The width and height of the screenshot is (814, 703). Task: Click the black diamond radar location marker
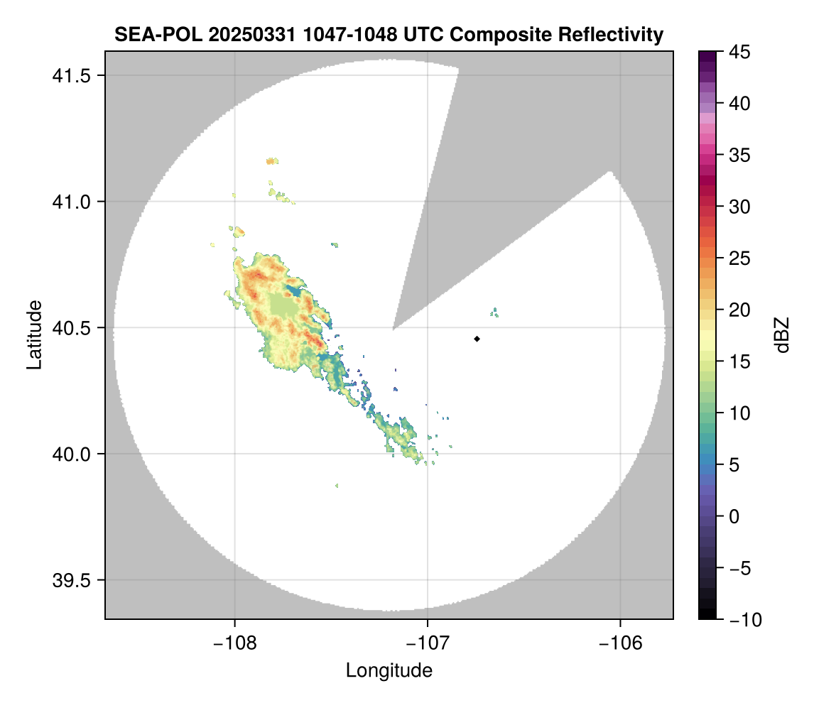[477, 339]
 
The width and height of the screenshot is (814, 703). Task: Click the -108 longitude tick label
[234, 643]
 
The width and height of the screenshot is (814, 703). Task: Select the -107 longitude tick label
[428, 643]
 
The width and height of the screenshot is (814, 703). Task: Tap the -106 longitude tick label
[621, 643]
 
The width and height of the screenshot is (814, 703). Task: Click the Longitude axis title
[389, 670]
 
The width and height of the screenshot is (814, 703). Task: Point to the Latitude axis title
[34, 334]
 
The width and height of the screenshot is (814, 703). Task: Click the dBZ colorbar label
[782, 335]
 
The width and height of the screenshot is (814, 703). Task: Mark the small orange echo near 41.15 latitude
[270, 161]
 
